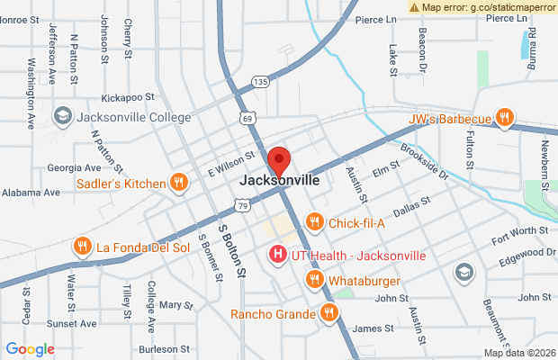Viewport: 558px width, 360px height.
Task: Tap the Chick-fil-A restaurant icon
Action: click(x=314, y=221)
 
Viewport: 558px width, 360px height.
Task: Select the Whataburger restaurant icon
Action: click(x=314, y=280)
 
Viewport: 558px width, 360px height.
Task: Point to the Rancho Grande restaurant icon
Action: click(x=329, y=313)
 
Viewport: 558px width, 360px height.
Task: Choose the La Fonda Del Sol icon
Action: click(x=82, y=246)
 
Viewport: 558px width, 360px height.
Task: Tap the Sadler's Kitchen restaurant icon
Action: click(x=179, y=183)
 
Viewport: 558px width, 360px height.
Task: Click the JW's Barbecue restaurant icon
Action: click(x=505, y=117)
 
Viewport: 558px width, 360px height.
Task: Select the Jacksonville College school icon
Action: click(x=62, y=116)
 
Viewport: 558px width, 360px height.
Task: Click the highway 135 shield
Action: click(x=260, y=82)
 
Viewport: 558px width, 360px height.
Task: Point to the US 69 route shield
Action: click(x=247, y=117)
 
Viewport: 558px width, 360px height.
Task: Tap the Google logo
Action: click(x=30, y=348)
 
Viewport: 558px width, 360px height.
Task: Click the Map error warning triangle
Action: click(x=414, y=6)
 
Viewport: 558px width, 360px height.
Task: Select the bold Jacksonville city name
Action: click(x=280, y=180)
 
